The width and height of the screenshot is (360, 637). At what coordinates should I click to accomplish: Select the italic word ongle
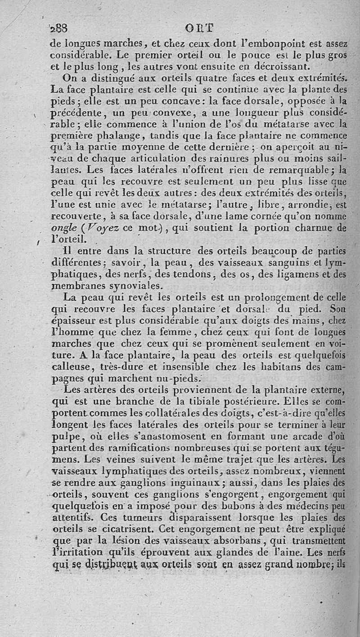(62, 228)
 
